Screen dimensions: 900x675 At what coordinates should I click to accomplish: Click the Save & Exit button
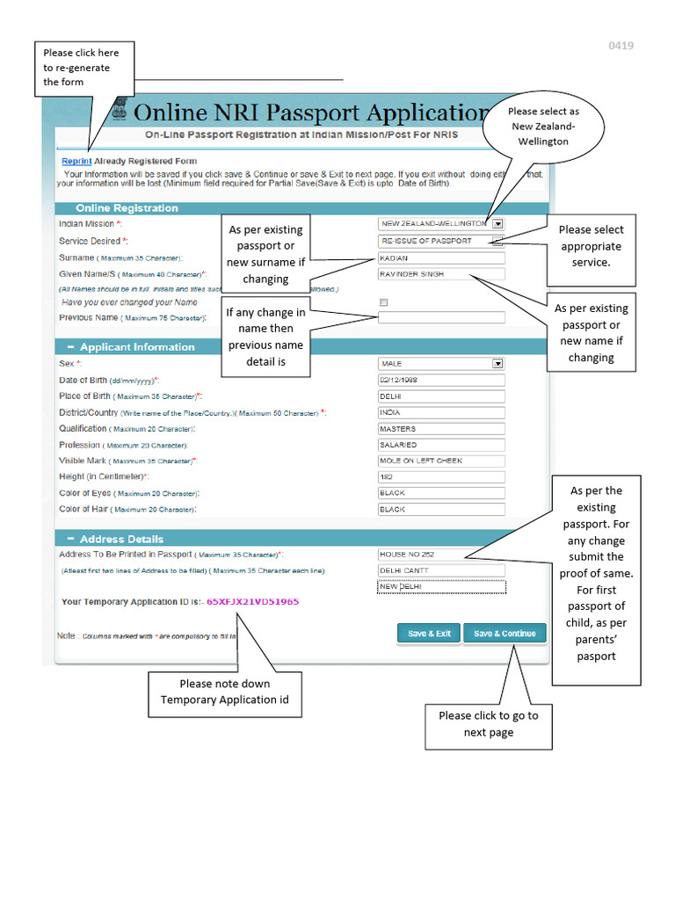[x=429, y=633]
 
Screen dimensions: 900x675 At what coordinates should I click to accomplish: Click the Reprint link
[x=76, y=161]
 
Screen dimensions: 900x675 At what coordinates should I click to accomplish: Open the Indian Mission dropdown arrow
[x=497, y=224]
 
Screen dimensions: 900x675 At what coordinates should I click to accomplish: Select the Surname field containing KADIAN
[x=441, y=258]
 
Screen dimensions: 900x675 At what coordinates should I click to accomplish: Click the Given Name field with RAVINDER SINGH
[x=441, y=274]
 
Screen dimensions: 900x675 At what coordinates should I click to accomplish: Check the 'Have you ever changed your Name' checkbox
[x=382, y=302]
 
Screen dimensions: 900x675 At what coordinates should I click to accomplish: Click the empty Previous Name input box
[x=441, y=317]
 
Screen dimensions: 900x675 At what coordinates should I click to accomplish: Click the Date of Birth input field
[x=441, y=380]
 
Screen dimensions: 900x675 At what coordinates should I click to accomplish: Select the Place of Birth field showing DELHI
[x=441, y=396]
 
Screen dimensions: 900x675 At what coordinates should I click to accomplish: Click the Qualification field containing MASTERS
[x=441, y=429]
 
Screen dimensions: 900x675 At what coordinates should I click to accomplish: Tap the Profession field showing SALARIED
[x=441, y=445]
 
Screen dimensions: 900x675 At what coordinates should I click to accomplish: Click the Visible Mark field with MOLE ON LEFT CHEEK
[x=441, y=461]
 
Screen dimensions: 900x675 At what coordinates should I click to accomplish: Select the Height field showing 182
[x=441, y=477]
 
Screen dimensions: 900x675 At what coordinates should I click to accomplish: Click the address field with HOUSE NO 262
[x=441, y=555]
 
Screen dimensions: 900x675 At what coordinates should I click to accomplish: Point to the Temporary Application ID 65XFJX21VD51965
[x=252, y=602]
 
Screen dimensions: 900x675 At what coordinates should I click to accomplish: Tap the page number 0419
[x=621, y=46]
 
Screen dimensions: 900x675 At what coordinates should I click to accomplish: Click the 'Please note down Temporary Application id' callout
[x=224, y=692]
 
